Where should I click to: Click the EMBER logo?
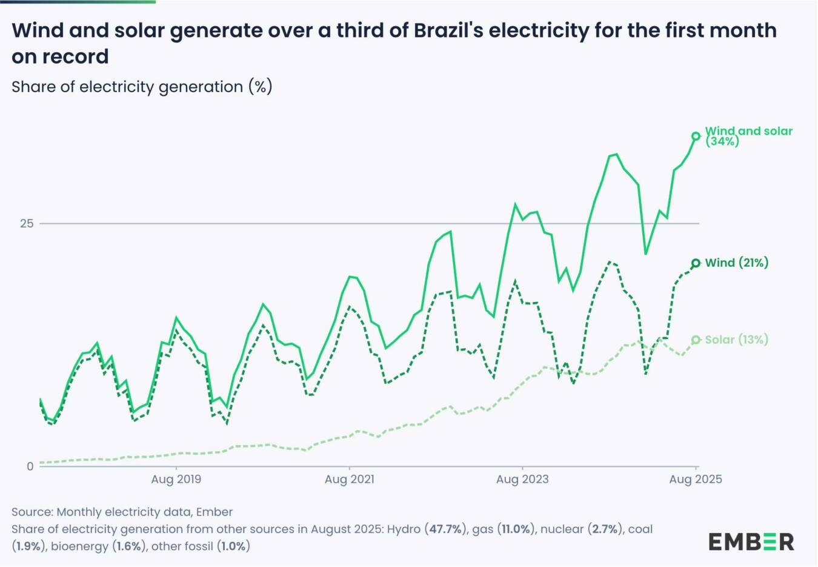[751, 542]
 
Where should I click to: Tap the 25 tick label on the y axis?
[27, 224]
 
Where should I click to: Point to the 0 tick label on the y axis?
[30, 466]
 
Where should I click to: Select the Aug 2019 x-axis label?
[176, 480]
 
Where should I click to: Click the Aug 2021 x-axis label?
[349, 480]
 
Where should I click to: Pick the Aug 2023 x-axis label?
[522, 480]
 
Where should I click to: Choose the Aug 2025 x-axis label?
[695, 480]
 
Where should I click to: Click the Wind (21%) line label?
[736, 263]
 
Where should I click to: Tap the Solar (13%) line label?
[736, 340]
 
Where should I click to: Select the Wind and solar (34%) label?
[749, 136]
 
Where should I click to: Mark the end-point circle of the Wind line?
[696, 263]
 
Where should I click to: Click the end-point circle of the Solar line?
[696, 340]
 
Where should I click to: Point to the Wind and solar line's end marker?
[696, 136]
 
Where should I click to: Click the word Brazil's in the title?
[448, 30]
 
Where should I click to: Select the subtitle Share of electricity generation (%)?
[142, 87]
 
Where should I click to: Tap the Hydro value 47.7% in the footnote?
[446, 529]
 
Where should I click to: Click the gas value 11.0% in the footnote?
[516, 529]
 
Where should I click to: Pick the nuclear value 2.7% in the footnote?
[605, 529]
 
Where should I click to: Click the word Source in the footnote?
[30, 512]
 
